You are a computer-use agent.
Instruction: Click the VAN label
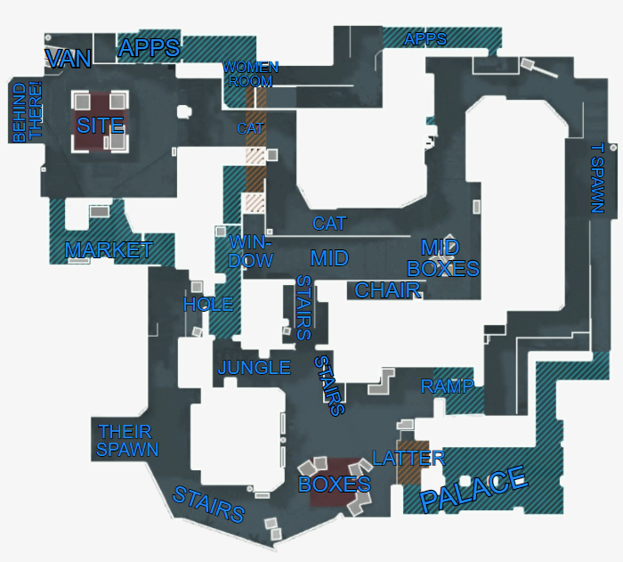click(x=68, y=59)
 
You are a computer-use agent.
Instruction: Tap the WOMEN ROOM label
click(x=250, y=74)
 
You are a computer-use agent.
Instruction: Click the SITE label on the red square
click(x=100, y=125)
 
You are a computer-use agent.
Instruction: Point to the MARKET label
click(x=109, y=250)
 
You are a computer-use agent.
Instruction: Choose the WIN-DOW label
click(x=251, y=251)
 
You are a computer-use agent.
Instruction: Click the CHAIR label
click(x=387, y=290)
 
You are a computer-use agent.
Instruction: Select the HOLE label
click(x=208, y=305)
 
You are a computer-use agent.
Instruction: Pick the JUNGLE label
click(x=255, y=367)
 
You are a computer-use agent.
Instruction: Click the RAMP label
click(x=448, y=387)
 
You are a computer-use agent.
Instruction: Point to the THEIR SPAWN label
click(x=127, y=440)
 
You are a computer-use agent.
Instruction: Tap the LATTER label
click(x=409, y=459)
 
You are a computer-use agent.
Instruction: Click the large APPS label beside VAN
click(x=150, y=48)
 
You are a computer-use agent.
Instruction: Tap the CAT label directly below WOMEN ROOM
click(x=250, y=128)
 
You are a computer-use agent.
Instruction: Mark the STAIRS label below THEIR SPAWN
click(x=208, y=505)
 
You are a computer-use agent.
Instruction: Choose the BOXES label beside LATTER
click(x=334, y=485)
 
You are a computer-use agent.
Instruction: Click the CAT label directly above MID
click(x=329, y=224)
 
